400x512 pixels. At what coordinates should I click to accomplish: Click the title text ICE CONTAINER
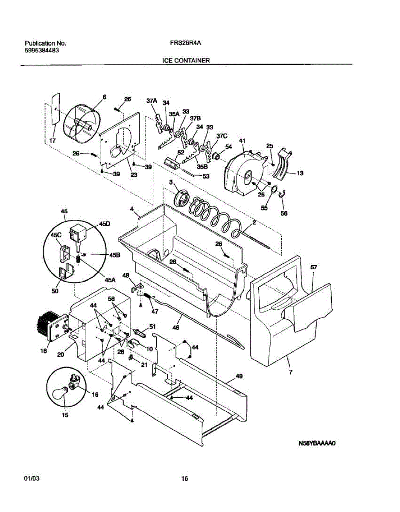point(186,61)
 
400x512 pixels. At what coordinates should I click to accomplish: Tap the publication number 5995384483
point(42,50)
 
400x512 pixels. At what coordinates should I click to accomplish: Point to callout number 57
point(314,267)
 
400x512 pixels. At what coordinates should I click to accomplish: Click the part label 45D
point(105,223)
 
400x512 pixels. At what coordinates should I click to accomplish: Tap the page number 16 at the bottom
point(184,479)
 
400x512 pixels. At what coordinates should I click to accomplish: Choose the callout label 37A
point(152,101)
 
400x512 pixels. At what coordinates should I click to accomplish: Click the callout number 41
point(242,141)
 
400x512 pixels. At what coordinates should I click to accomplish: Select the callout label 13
point(300,173)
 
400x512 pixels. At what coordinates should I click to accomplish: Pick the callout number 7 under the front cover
point(291,373)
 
